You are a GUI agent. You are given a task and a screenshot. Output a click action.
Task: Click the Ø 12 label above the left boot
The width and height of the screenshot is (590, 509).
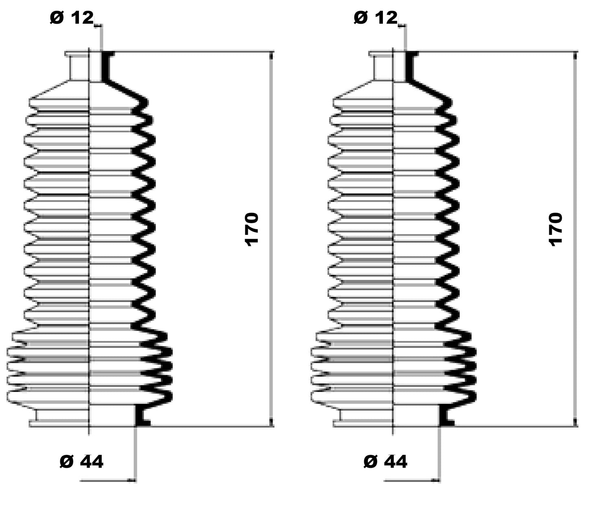click(x=72, y=18)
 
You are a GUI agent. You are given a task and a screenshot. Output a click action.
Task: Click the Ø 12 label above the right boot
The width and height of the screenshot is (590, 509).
click(x=376, y=18)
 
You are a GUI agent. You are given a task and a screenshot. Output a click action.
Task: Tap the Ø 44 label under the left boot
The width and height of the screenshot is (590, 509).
click(x=82, y=462)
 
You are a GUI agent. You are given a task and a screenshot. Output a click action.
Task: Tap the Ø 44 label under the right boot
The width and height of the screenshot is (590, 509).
click(x=386, y=462)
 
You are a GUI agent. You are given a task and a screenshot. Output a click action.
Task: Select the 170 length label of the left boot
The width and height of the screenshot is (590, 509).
click(x=252, y=229)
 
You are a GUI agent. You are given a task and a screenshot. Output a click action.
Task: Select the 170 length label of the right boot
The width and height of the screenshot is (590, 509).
click(x=555, y=229)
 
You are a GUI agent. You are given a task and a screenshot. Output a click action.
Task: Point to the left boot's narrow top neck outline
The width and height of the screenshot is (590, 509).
click(x=70, y=66)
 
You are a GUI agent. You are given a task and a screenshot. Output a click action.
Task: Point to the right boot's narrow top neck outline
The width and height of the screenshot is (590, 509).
click(x=374, y=66)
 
